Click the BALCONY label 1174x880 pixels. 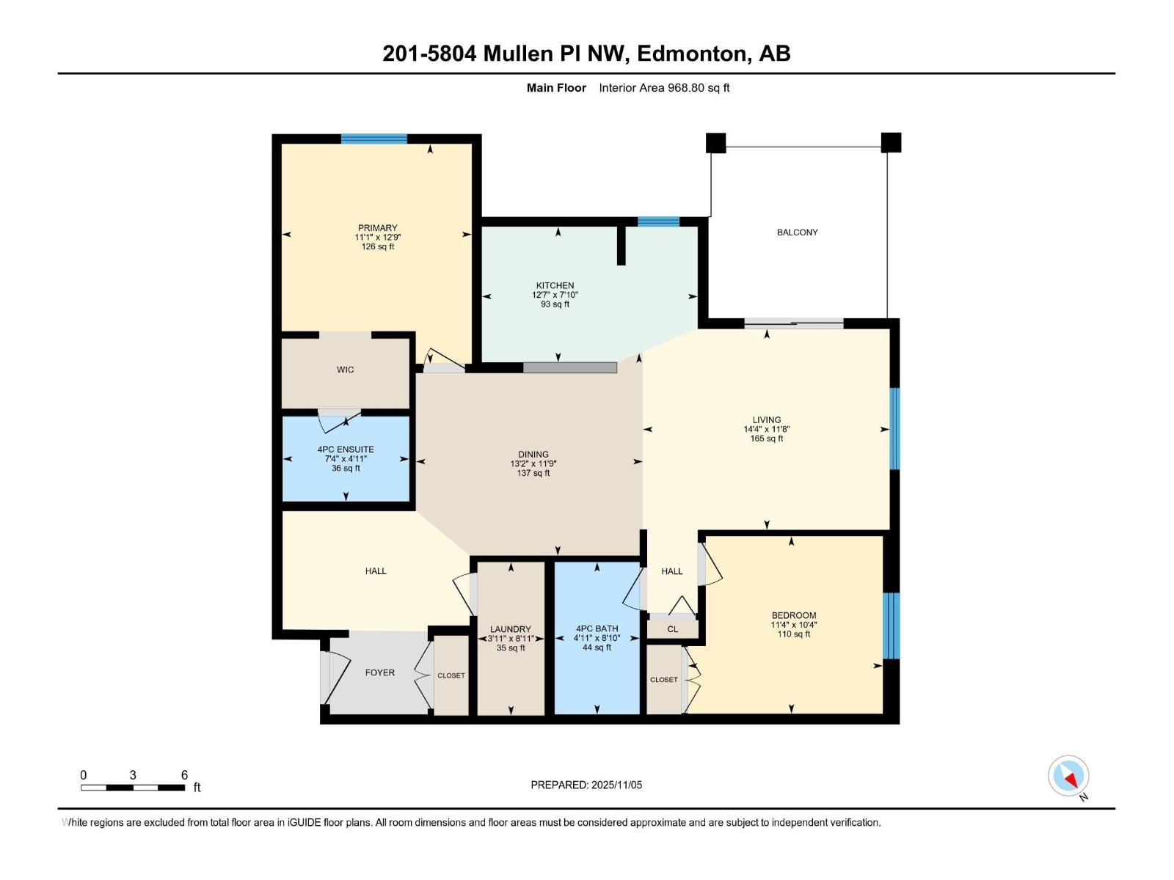(x=797, y=232)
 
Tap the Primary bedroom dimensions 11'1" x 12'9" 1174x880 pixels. (x=378, y=238)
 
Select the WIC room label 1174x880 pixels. (x=345, y=370)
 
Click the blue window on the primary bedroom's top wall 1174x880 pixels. (x=373, y=139)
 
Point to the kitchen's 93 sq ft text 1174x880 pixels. (x=555, y=304)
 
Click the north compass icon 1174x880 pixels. (x=1068, y=776)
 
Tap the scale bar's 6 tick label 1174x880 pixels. (x=184, y=775)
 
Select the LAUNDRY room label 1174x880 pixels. (x=510, y=629)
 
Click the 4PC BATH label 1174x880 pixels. (x=597, y=629)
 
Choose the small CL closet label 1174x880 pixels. (x=672, y=629)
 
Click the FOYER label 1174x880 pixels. (x=379, y=672)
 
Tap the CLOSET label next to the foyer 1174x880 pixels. (x=451, y=675)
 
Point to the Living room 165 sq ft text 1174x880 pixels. (x=767, y=439)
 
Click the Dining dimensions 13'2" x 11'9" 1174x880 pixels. (x=533, y=464)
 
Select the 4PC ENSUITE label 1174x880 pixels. (x=346, y=450)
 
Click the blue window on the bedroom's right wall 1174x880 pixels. (x=891, y=626)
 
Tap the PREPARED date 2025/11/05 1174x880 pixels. (x=616, y=785)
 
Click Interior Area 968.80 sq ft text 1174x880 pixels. (x=664, y=88)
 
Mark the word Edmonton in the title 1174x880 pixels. (x=693, y=54)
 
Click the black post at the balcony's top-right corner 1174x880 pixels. (x=891, y=142)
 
